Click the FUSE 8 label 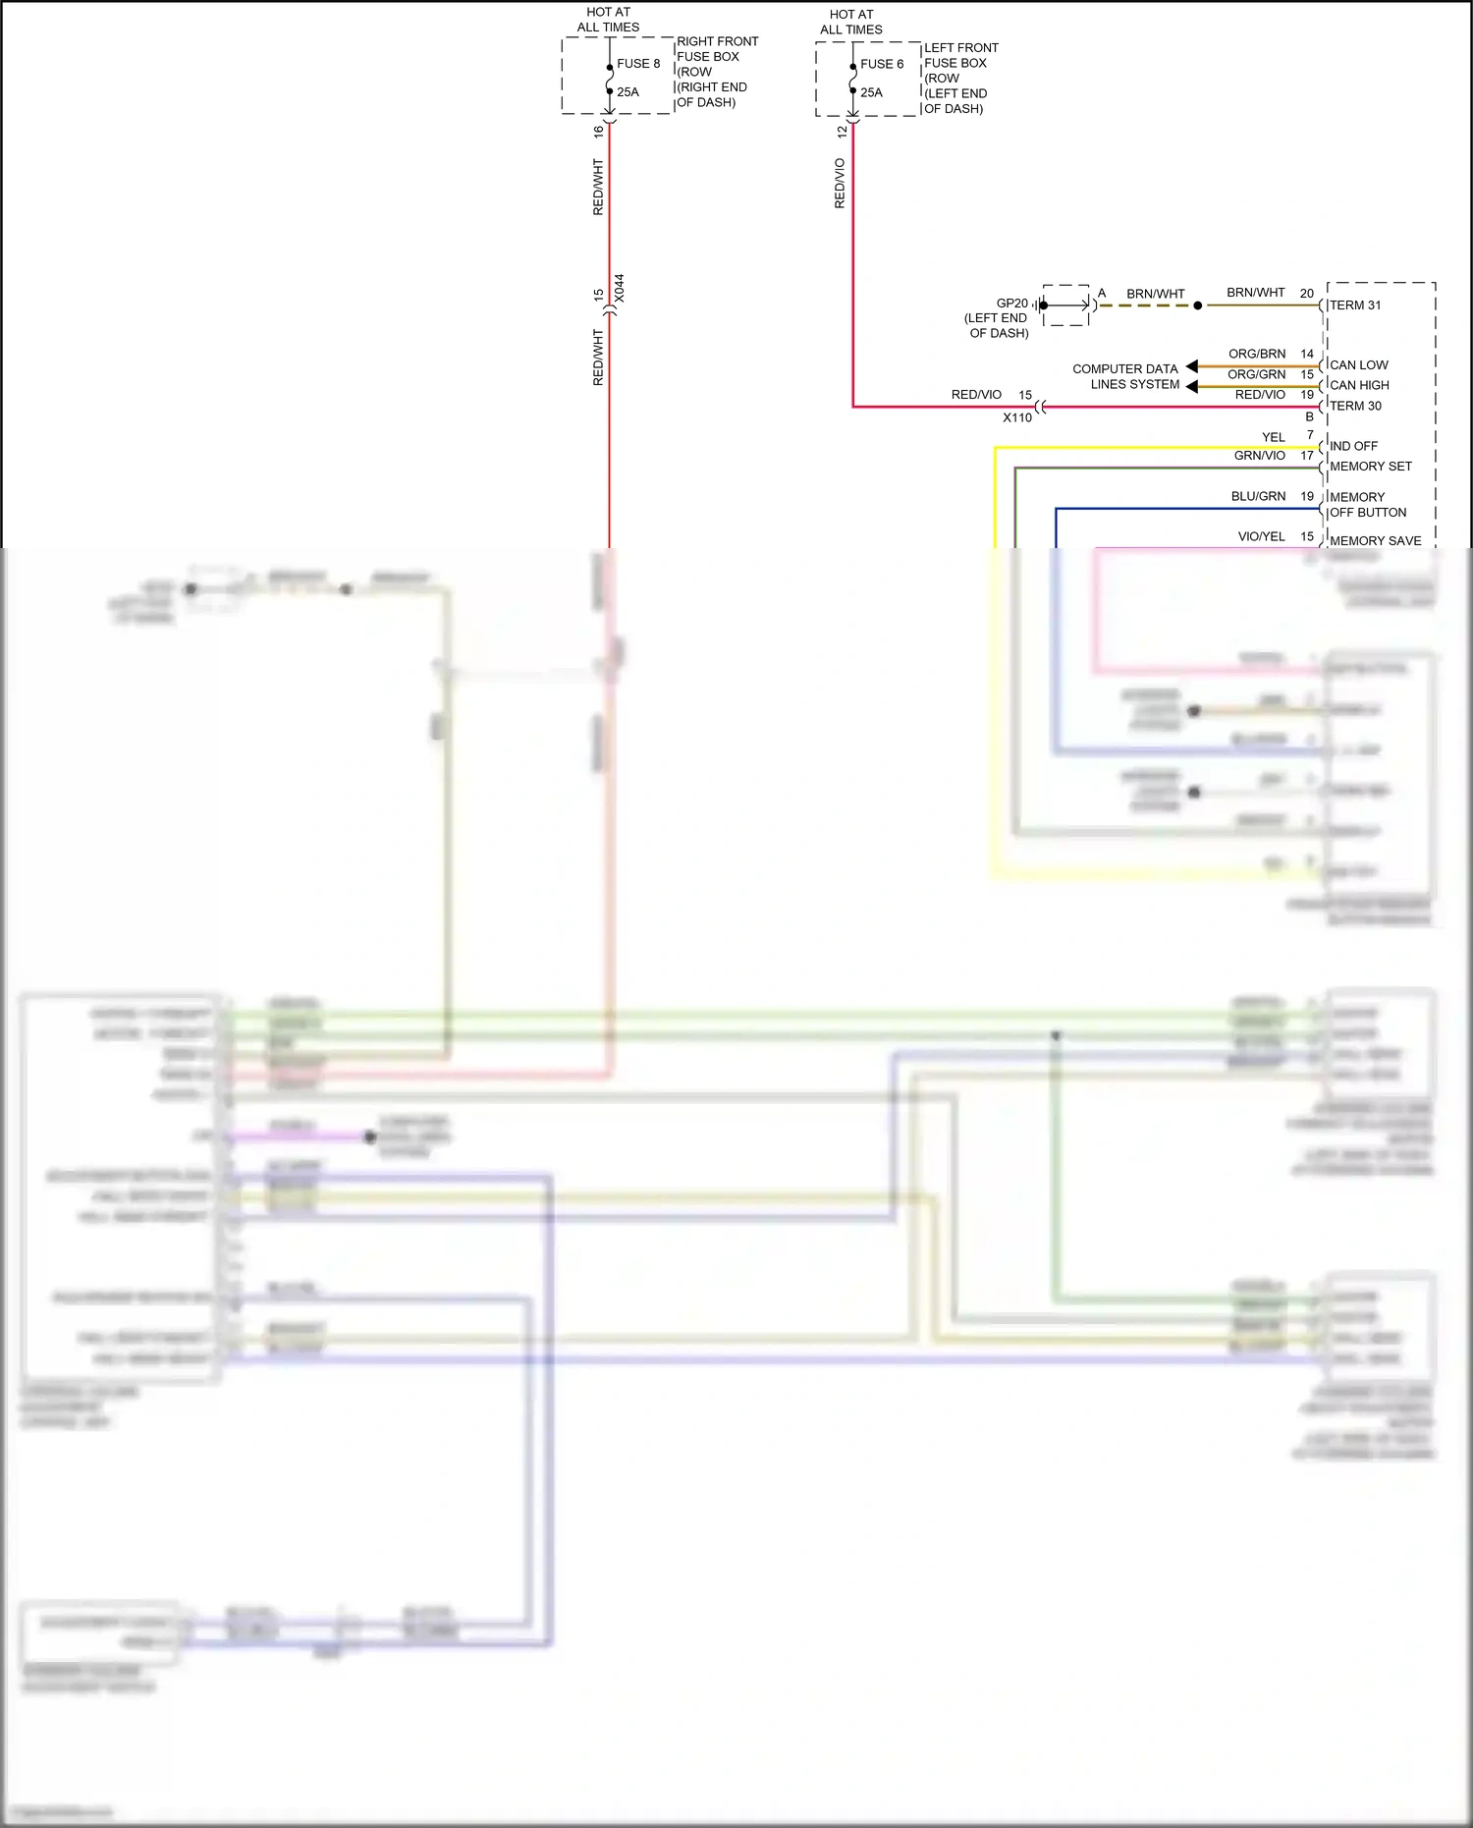point(638,64)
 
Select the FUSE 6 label point(882,65)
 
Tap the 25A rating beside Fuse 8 point(627,92)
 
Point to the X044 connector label point(619,289)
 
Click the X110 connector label point(1017,417)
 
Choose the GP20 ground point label point(1011,304)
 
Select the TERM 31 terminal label point(1355,305)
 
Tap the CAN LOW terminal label point(1359,365)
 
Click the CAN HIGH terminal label point(1359,386)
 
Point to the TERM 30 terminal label point(1355,407)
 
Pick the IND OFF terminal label point(1353,446)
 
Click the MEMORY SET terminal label point(1371,467)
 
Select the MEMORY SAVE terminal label point(1375,541)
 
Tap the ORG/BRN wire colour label point(1257,354)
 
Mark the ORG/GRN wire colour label point(1257,374)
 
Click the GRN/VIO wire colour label point(1259,456)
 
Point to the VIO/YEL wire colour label point(1261,536)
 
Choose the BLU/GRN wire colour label point(1258,497)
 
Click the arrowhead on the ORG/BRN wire point(1192,366)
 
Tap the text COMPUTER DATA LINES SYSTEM point(1126,377)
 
